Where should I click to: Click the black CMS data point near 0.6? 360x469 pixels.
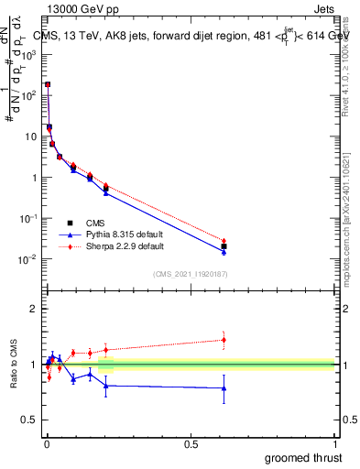tap(224, 246)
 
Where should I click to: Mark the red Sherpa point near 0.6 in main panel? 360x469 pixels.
tap(224, 241)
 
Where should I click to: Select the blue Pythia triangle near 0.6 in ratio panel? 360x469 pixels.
tap(224, 388)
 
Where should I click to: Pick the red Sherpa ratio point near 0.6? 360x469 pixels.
tap(224, 340)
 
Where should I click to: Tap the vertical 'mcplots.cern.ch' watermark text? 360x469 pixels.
tap(352, 220)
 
